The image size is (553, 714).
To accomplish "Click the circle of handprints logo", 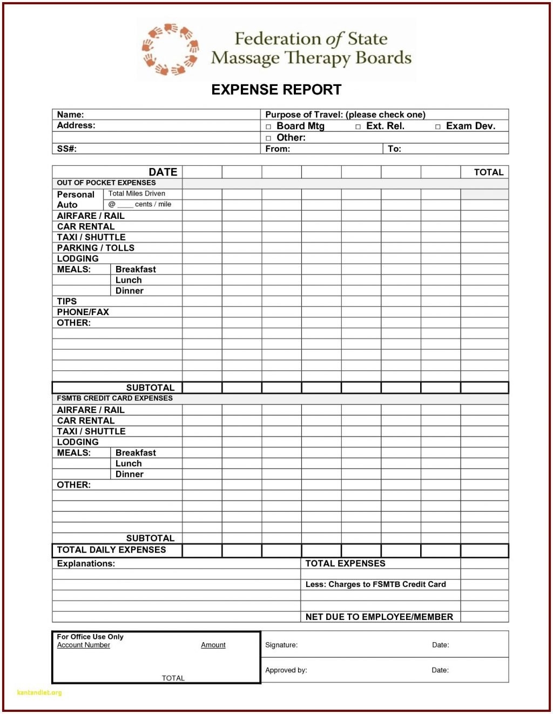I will click(171, 49).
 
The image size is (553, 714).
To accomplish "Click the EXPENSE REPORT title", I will click(276, 90).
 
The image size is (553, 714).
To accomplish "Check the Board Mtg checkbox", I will click(268, 126).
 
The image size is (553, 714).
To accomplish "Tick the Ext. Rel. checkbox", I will click(358, 126).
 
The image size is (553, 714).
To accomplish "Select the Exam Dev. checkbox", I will click(438, 126).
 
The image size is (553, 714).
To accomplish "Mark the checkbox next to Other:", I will click(268, 138).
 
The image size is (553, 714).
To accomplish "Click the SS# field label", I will click(67, 149).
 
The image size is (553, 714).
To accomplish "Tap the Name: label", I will click(70, 115).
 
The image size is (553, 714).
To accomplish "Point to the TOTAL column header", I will click(488, 172).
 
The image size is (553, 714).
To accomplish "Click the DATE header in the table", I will click(163, 172).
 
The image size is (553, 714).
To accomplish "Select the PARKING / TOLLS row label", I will click(96, 248).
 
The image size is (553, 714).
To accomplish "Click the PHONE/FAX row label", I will click(83, 312).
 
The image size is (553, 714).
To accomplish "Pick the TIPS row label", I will click(67, 301).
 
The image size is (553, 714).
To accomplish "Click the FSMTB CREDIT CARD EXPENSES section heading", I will click(114, 398).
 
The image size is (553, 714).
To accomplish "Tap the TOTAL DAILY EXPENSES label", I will click(111, 550).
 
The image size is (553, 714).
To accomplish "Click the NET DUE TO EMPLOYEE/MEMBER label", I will click(379, 617).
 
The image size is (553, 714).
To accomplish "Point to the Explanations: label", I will click(86, 563).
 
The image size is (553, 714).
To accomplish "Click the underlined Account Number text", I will click(84, 645).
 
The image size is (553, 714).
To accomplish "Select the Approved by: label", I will click(286, 670).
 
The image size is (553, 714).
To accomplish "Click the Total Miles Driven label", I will click(137, 193).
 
